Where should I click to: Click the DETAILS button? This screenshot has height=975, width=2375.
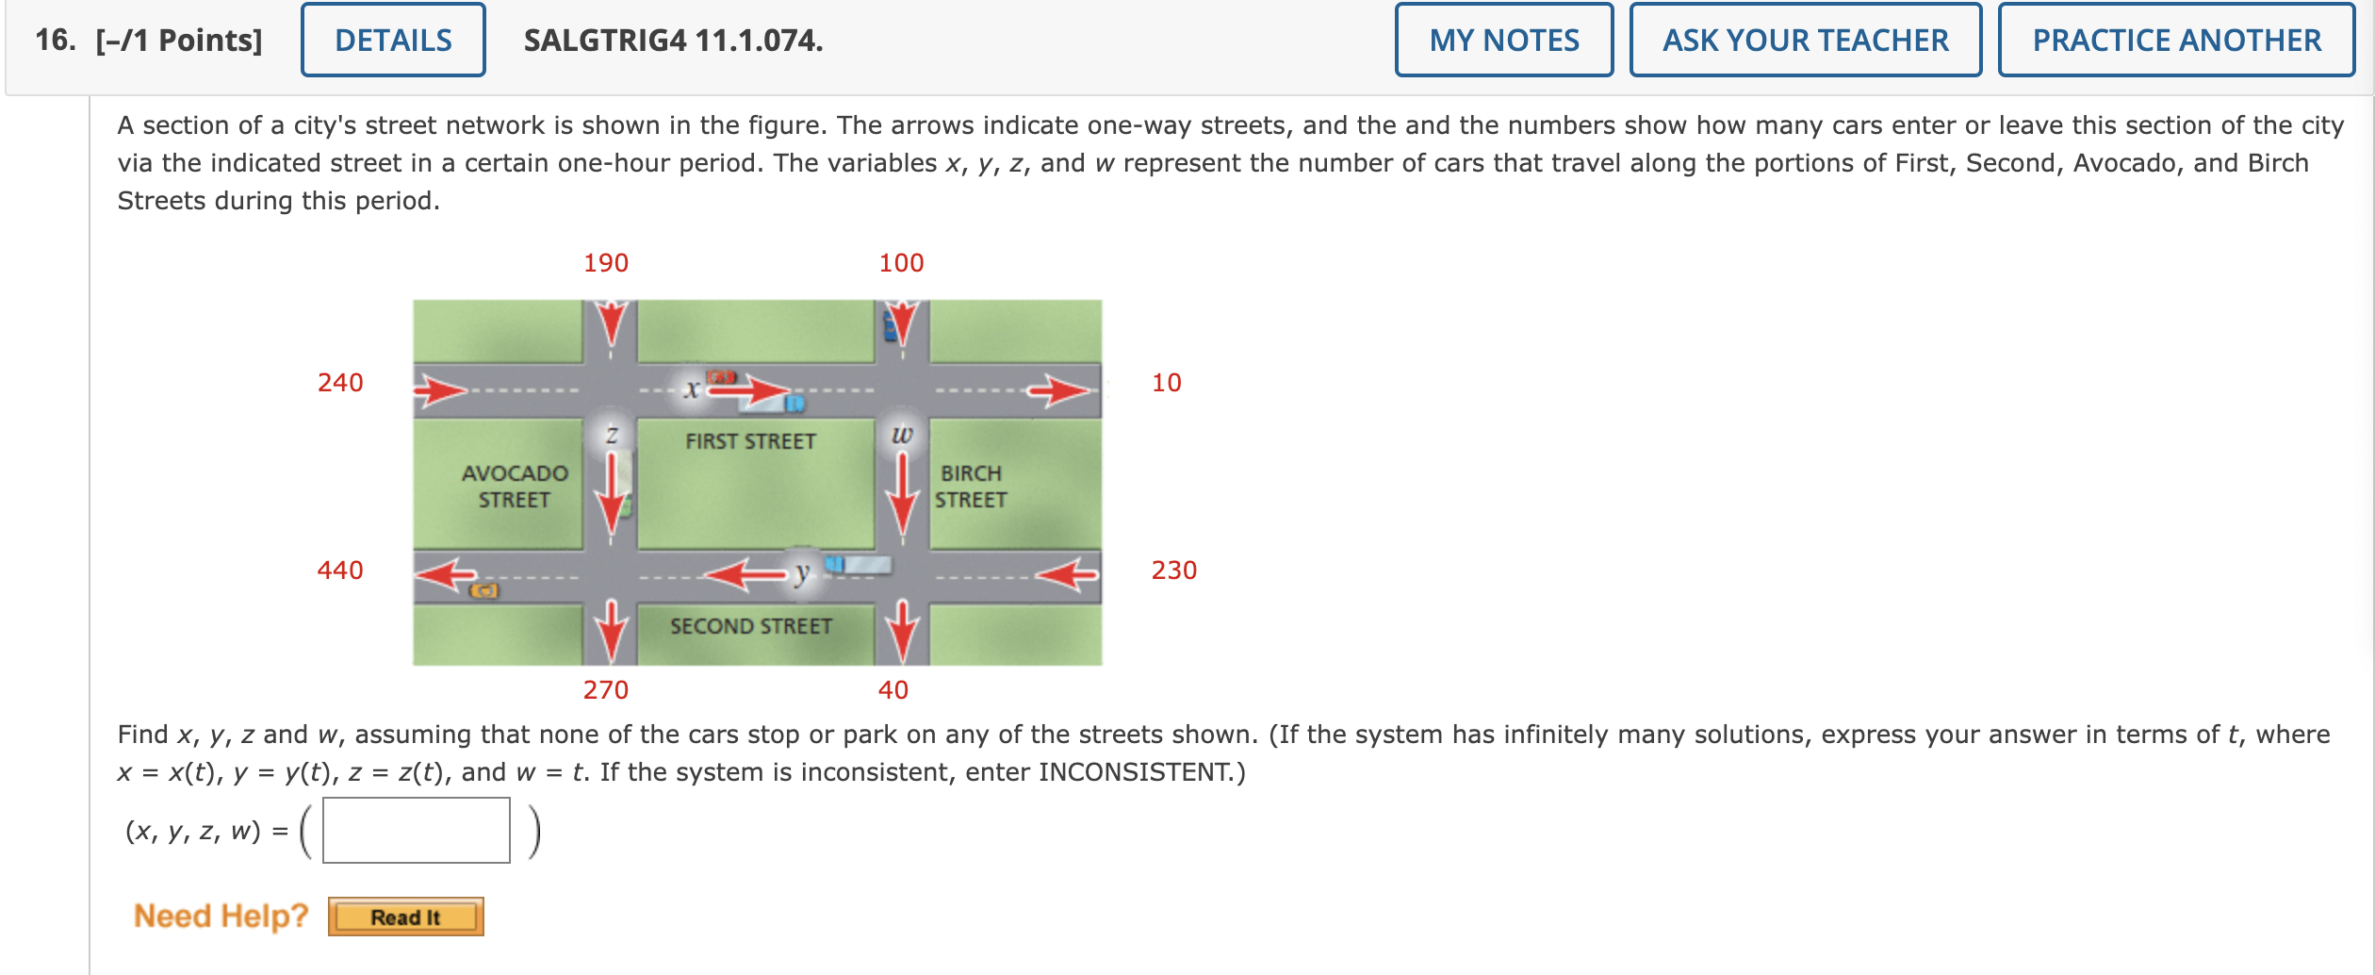tap(393, 41)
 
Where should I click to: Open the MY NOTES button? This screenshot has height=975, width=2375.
tap(1503, 41)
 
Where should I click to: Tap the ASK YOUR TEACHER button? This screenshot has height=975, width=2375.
tap(1805, 41)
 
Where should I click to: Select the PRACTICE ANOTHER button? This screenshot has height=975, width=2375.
tap(2176, 41)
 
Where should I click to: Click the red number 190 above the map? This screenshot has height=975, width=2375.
tap(606, 263)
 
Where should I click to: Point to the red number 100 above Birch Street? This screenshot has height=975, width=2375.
tap(901, 263)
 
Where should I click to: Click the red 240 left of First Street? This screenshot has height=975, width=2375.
tap(340, 383)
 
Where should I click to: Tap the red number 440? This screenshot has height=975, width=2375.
tap(340, 570)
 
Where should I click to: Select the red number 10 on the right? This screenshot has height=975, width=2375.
tap(1166, 383)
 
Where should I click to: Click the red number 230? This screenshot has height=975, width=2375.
tap(1173, 570)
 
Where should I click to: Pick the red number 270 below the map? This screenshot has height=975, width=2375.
tap(606, 690)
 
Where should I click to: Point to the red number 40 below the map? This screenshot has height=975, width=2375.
tap(893, 690)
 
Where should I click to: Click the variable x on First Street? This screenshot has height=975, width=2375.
tap(692, 388)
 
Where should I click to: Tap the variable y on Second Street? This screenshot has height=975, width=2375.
tap(801, 571)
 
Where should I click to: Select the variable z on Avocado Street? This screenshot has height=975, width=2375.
tap(612, 434)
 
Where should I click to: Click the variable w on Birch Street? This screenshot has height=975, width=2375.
tap(902, 434)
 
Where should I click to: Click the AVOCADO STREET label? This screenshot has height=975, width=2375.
tap(515, 487)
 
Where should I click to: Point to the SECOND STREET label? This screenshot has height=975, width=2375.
tap(751, 626)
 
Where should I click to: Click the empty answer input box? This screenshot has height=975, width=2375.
tap(416, 831)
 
